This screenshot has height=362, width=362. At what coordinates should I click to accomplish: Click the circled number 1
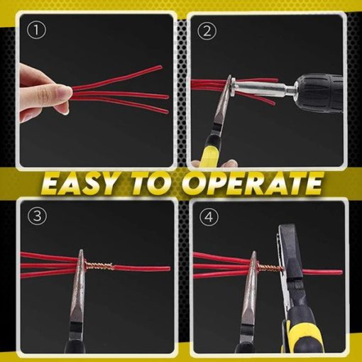(x=36, y=31)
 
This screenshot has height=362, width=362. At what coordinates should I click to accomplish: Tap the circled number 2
(x=207, y=31)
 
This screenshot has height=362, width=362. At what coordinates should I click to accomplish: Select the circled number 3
(x=38, y=216)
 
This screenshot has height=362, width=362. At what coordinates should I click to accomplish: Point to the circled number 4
(x=209, y=216)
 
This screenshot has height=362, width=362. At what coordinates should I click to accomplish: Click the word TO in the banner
(x=150, y=183)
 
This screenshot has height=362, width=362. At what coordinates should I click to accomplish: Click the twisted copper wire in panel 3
(x=99, y=266)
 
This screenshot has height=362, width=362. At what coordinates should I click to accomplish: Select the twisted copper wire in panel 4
(x=270, y=268)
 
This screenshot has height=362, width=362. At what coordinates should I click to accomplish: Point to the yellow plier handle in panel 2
(x=209, y=155)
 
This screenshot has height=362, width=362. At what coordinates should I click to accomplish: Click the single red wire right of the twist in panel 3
(x=142, y=269)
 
